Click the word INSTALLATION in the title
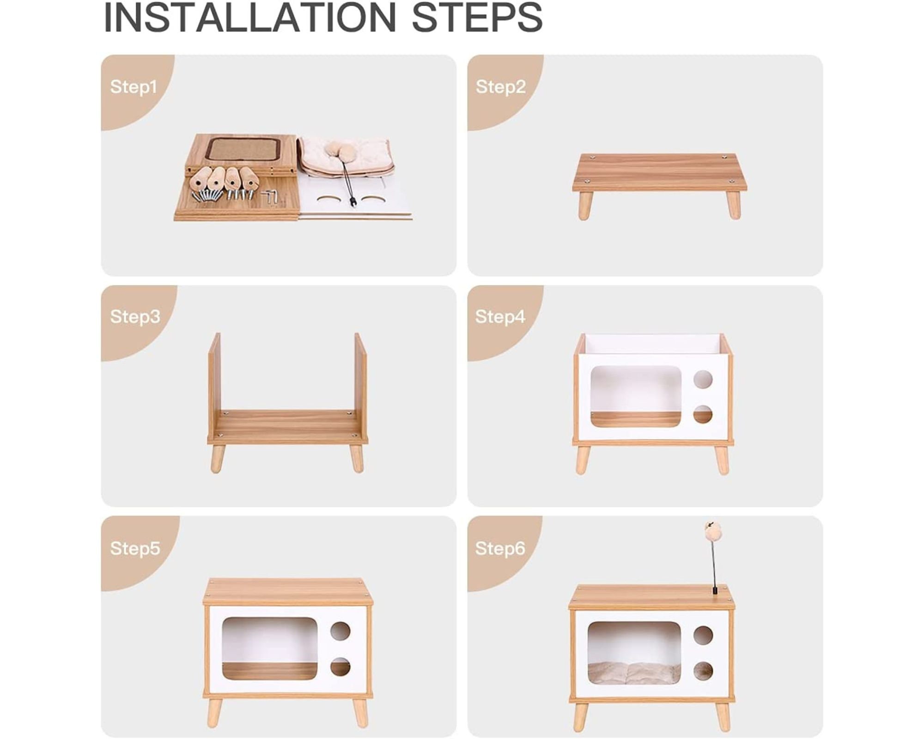250,17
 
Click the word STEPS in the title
477,17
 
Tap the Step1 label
134,87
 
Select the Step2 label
501,87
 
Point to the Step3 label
135,317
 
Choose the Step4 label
500,317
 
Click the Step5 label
135,548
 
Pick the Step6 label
500,548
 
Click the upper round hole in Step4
703,379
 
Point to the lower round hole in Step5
340,667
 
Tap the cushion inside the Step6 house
634,672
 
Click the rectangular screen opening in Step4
636,397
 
